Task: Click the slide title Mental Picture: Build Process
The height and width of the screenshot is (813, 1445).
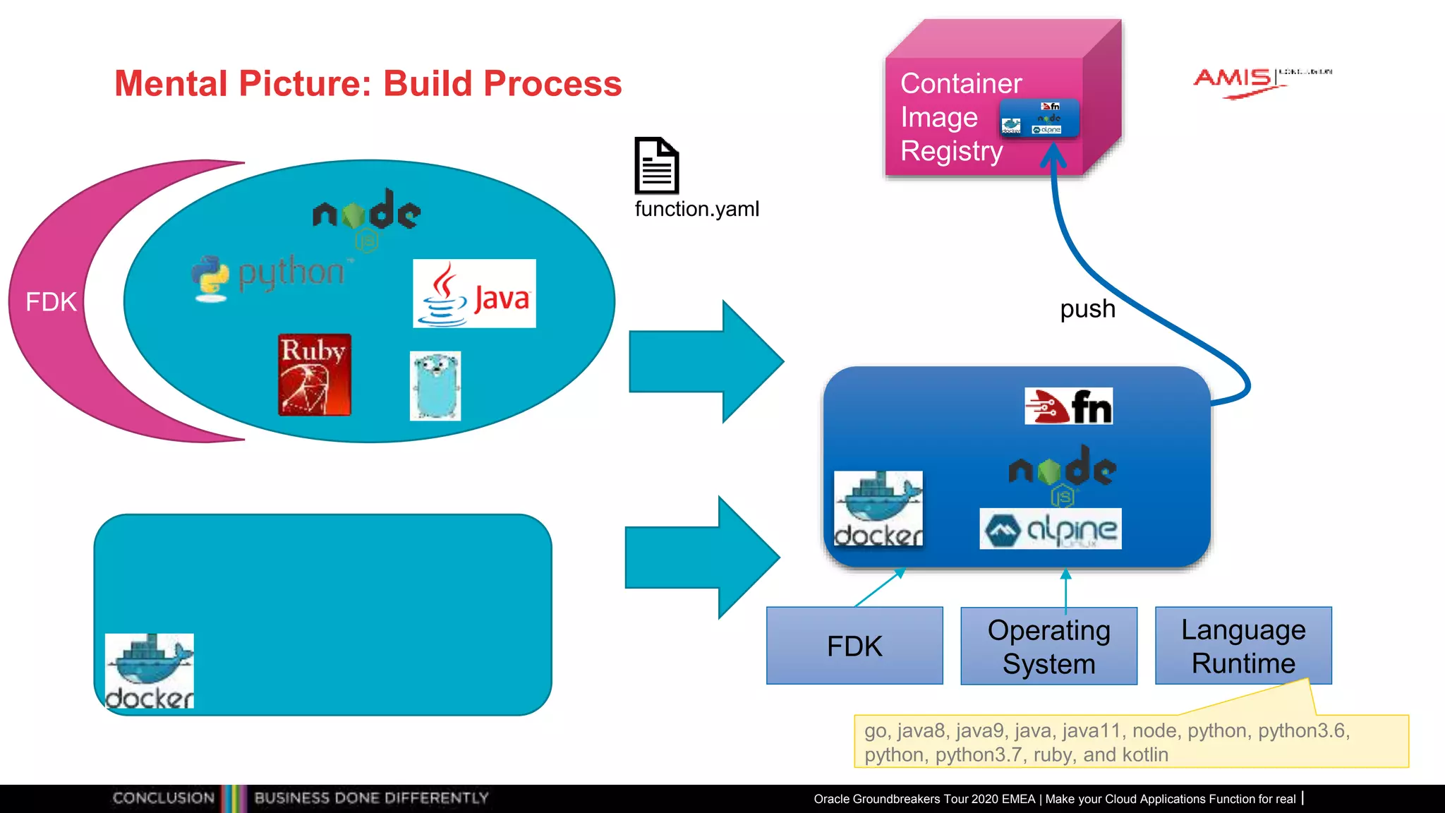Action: click(x=368, y=83)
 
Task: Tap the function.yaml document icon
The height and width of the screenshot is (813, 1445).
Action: click(x=656, y=166)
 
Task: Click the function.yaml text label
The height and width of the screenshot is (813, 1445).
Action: click(x=696, y=209)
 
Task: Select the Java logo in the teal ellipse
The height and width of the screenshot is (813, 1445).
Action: click(x=474, y=294)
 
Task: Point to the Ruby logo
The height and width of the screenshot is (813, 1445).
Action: click(x=314, y=375)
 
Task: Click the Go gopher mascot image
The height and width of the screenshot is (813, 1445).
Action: click(x=435, y=386)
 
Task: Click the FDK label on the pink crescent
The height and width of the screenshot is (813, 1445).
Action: click(x=51, y=302)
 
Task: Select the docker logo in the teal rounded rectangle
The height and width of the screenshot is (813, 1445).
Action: click(x=150, y=670)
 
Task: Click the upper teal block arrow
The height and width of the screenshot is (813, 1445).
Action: click(x=706, y=361)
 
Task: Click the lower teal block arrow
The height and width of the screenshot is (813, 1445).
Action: click(x=702, y=558)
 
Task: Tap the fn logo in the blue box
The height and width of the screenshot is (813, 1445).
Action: click(x=1068, y=406)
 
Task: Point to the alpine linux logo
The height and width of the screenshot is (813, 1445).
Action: click(x=1050, y=529)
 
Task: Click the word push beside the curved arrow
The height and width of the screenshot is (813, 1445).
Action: click(x=1087, y=309)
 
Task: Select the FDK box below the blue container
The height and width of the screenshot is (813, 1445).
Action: click(x=854, y=646)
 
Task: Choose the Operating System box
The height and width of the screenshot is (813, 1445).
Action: click(x=1048, y=646)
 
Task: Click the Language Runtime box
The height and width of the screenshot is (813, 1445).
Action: click(x=1243, y=646)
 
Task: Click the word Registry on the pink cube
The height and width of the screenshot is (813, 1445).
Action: click(x=951, y=151)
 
